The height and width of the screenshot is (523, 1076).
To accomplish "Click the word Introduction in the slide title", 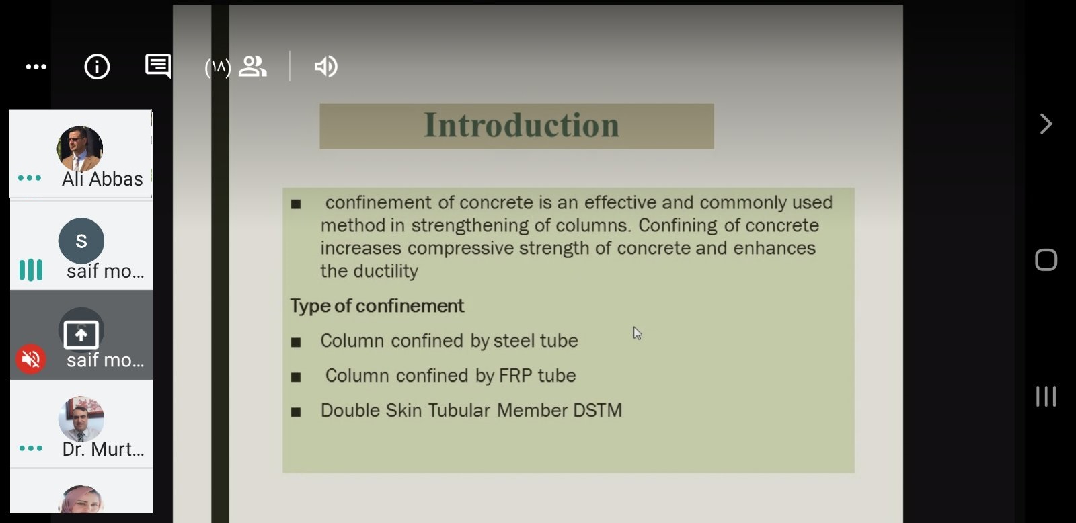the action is tap(521, 125).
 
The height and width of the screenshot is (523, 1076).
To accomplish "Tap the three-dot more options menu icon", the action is tap(36, 67).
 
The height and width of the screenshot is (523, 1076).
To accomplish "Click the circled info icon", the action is tap(97, 67).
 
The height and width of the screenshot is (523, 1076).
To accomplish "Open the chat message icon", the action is tap(158, 66).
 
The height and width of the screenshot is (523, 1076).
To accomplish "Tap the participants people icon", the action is tap(253, 67).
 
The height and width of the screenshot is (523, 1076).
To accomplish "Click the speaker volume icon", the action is tap(326, 67).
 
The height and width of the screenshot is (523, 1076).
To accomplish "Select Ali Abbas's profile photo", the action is tap(80, 149).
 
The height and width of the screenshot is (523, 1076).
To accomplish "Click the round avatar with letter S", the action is tap(81, 241).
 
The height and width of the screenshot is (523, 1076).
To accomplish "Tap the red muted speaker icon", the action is tap(31, 359).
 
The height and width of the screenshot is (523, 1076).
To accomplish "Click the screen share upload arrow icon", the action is tap(81, 334).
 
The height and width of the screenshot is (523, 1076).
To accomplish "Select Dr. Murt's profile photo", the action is tap(81, 419).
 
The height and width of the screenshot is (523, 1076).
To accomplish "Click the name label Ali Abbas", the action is tap(102, 179).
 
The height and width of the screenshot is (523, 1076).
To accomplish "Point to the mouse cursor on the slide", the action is tap(637, 333).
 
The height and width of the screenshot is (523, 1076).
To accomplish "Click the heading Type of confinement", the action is tap(377, 306).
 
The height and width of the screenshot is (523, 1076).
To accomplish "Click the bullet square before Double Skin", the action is tap(296, 412).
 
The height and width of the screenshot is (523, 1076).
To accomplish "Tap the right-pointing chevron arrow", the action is tap(1046, 124).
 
